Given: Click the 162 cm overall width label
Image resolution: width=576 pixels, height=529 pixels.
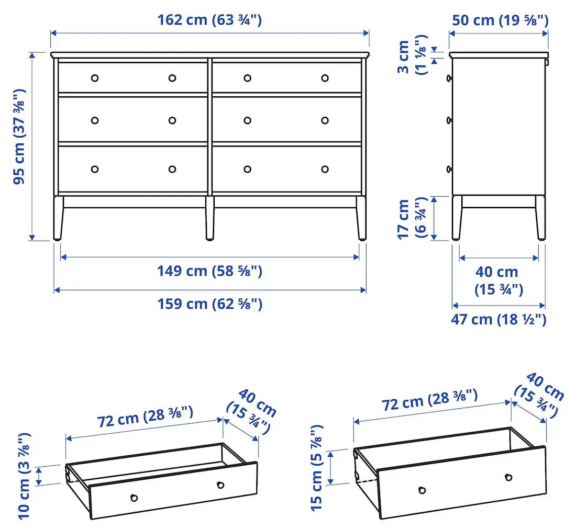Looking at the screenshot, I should (209, 20).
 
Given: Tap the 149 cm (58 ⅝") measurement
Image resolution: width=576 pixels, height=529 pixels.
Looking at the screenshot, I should (209, 271).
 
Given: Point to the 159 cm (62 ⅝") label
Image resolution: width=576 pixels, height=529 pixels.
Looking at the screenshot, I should (209, 303).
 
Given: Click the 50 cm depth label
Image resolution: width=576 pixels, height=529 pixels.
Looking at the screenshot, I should (499, 20).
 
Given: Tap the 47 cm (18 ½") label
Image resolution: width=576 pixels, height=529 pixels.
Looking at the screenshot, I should (499, 319).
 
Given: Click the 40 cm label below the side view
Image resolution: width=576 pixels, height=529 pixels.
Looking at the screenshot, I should (498, 280).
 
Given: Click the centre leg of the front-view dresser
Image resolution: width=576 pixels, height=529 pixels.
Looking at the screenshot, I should (210, 218).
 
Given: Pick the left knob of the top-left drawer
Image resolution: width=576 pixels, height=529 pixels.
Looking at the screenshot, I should (95, 78).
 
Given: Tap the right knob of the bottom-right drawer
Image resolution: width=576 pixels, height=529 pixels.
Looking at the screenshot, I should (325, 169).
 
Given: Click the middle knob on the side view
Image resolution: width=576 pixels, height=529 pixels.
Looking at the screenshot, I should (449, 120).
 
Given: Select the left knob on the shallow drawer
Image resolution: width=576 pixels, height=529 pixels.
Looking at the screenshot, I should (134, 498).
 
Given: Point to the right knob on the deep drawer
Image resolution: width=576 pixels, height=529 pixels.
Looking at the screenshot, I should (508, 477).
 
